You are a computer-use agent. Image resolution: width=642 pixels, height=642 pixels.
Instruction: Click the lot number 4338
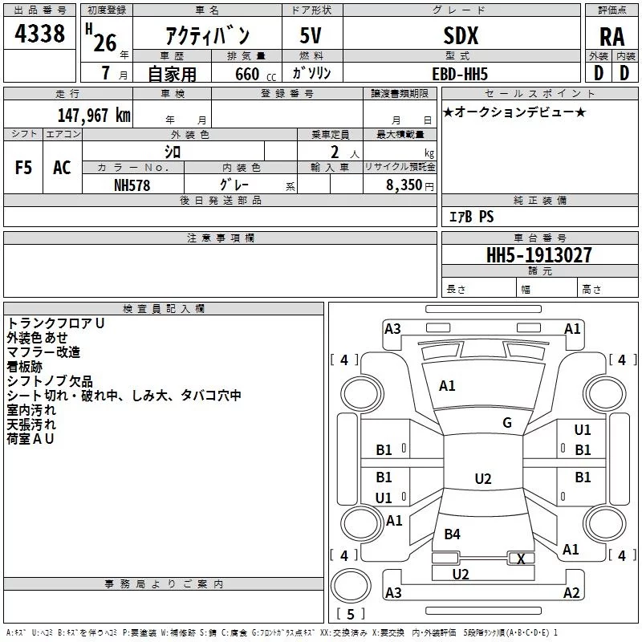pos(39,34)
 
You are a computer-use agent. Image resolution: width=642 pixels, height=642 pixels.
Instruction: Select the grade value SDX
pos(461,35)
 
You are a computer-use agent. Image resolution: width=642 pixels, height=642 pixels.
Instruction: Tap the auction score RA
pos(612,37)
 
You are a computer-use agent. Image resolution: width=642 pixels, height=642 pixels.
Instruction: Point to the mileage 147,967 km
pos(94,115)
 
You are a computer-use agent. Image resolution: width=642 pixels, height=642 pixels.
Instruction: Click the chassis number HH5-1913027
pos(538,255)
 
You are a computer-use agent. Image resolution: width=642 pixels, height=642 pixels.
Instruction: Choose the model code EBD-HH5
pos(460,74)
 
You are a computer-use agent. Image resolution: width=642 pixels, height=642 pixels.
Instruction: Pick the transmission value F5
pos(23,168)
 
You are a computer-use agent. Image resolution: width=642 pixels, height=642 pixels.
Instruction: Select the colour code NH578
pos(132,185)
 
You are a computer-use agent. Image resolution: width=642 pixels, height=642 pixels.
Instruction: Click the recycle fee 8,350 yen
pos(410,185)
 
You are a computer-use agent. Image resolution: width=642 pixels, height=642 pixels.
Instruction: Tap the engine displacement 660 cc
pos(255,74)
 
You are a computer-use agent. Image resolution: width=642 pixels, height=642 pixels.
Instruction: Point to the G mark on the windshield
pos(507,422)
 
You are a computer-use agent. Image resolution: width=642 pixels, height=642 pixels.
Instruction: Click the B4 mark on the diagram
pos(452,534)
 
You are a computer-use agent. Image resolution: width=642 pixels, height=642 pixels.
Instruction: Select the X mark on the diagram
pos(521,559)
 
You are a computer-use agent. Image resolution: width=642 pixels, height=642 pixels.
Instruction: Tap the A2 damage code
pos(571,592)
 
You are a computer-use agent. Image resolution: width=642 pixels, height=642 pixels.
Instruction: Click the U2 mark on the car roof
pos(483,478)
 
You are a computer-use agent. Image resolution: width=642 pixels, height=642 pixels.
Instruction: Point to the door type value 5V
pos(311,35)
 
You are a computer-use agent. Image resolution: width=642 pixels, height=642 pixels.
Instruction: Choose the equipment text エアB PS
pos(471,217)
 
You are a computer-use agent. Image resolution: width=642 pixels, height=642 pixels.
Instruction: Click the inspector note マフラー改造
pos(43,352)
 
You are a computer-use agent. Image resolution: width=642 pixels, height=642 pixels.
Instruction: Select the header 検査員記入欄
pos(164,309)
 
